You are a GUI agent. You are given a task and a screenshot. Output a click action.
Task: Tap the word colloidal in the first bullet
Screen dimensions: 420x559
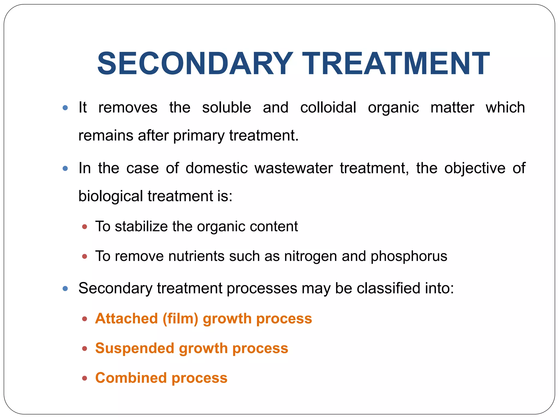328,107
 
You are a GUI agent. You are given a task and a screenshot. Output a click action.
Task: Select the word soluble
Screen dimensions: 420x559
226,107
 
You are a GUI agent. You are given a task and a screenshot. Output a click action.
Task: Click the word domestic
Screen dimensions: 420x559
216,168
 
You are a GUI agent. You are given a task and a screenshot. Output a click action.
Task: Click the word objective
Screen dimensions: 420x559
475,168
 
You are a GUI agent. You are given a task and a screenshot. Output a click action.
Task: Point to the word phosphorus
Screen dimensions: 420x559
409,256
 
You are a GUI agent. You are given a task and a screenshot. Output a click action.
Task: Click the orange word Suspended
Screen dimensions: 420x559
135,348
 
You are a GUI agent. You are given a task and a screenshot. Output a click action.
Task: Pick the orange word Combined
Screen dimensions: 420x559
131,378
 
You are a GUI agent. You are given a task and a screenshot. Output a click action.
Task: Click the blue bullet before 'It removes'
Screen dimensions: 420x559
65,108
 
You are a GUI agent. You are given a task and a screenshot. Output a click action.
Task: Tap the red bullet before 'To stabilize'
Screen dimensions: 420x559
85,227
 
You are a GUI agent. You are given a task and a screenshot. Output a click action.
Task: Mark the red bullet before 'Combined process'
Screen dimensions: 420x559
85,378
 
